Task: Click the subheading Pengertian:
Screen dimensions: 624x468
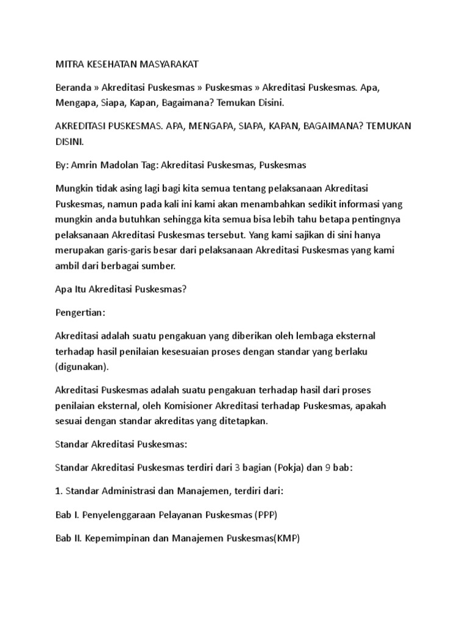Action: click(x=80, y=313)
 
